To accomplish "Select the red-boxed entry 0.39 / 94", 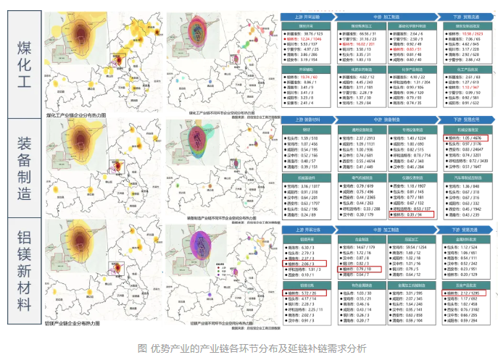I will [412, 215].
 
